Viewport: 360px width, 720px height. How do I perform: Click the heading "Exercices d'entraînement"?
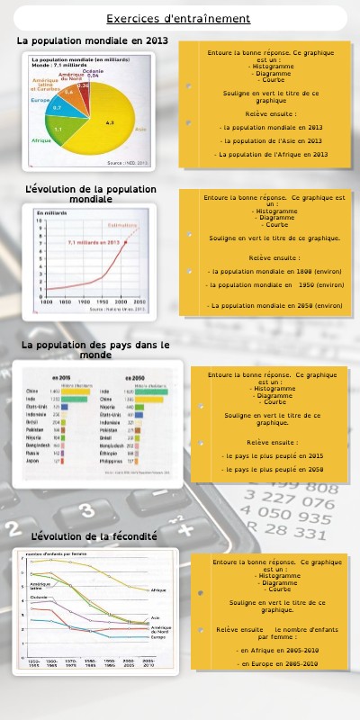click(178, 18)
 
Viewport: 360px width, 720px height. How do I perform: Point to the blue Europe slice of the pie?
click(57, 107)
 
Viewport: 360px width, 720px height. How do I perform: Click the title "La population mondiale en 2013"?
click(92, 40)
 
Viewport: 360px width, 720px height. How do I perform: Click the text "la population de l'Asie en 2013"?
click(271, 140)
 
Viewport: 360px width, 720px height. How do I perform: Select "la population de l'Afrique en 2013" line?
click(271, 154)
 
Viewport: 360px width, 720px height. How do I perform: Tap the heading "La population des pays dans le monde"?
click(95, 349)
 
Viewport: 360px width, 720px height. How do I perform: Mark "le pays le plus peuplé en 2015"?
click(273, 455)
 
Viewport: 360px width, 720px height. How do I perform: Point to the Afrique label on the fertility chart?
click(158, 589)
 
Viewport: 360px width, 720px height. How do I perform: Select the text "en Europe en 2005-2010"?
click(277, 663)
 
